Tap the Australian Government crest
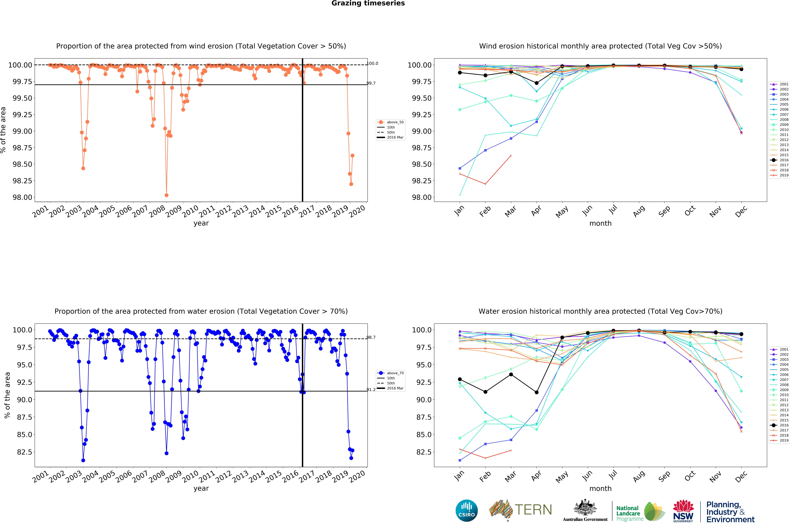(585, 508)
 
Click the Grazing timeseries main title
(368, 3)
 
